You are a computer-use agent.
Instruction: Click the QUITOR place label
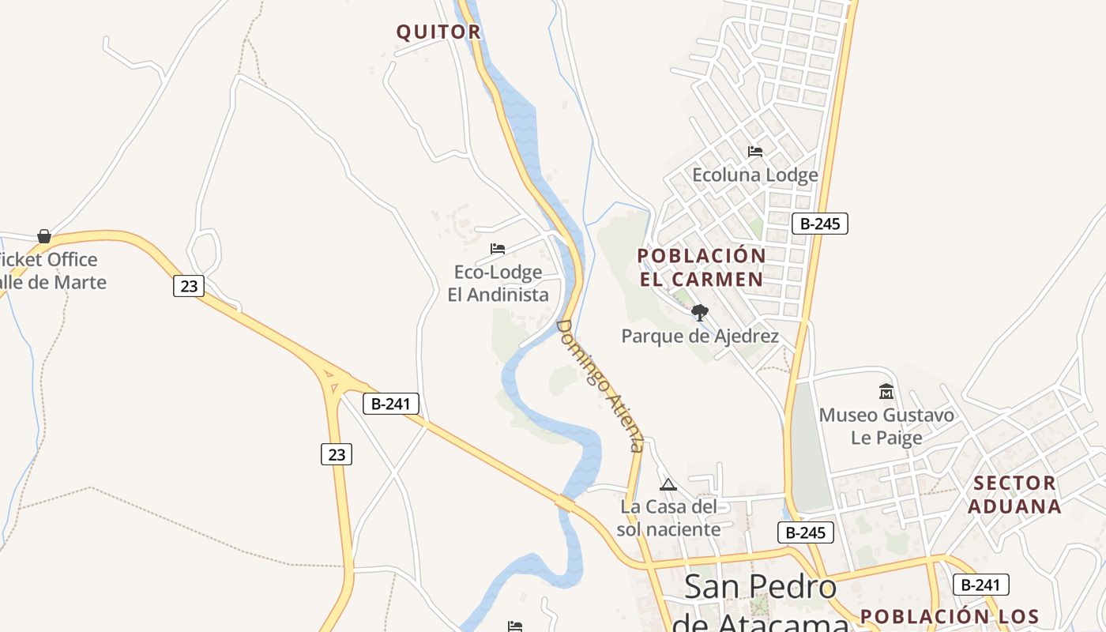coord(438,32)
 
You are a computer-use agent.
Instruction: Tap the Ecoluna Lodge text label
coord(754,175)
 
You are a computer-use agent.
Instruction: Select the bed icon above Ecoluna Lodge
coord(755,151)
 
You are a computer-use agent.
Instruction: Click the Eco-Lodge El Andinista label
coord(498,284)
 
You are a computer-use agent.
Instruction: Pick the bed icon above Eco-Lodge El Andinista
coord(497,249)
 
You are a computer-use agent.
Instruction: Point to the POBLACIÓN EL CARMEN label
coord(702,268)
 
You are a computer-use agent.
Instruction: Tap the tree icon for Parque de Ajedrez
coord(699,313)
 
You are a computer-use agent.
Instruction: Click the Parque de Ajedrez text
coord(700,337)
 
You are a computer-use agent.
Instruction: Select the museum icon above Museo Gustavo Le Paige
coord(886,392)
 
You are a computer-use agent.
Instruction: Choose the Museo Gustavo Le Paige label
coord(886,426)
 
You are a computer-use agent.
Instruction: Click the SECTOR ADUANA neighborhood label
coord(1014,495)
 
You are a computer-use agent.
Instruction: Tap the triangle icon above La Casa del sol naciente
coord(668,484)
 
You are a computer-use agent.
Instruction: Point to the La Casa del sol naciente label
coord(668,517)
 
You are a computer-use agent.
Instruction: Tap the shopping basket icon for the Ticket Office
coord(44,236)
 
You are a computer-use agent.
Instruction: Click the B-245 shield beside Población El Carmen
coord(820,224)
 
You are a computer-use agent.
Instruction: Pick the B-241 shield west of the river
coord(390,404)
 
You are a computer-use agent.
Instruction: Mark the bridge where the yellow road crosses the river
coord(564,503)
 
